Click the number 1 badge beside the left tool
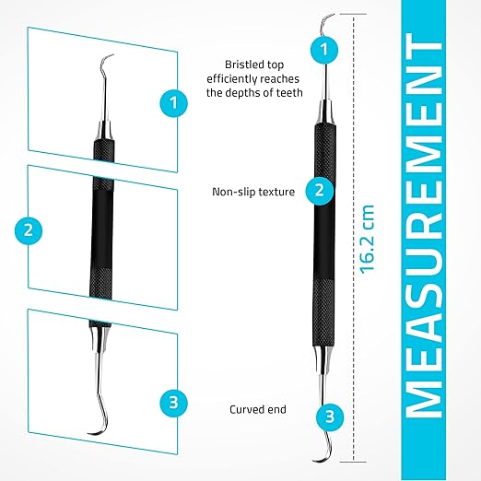coord(173,103)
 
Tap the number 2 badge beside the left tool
coord(29,230)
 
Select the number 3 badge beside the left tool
coord(173,403)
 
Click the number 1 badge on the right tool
coord(324,50)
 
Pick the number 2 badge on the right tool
coord(320,191)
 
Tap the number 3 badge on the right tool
coord(330,417)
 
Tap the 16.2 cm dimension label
coord(368,239)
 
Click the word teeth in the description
coord(289,92)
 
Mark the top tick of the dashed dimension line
coord(353,14)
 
